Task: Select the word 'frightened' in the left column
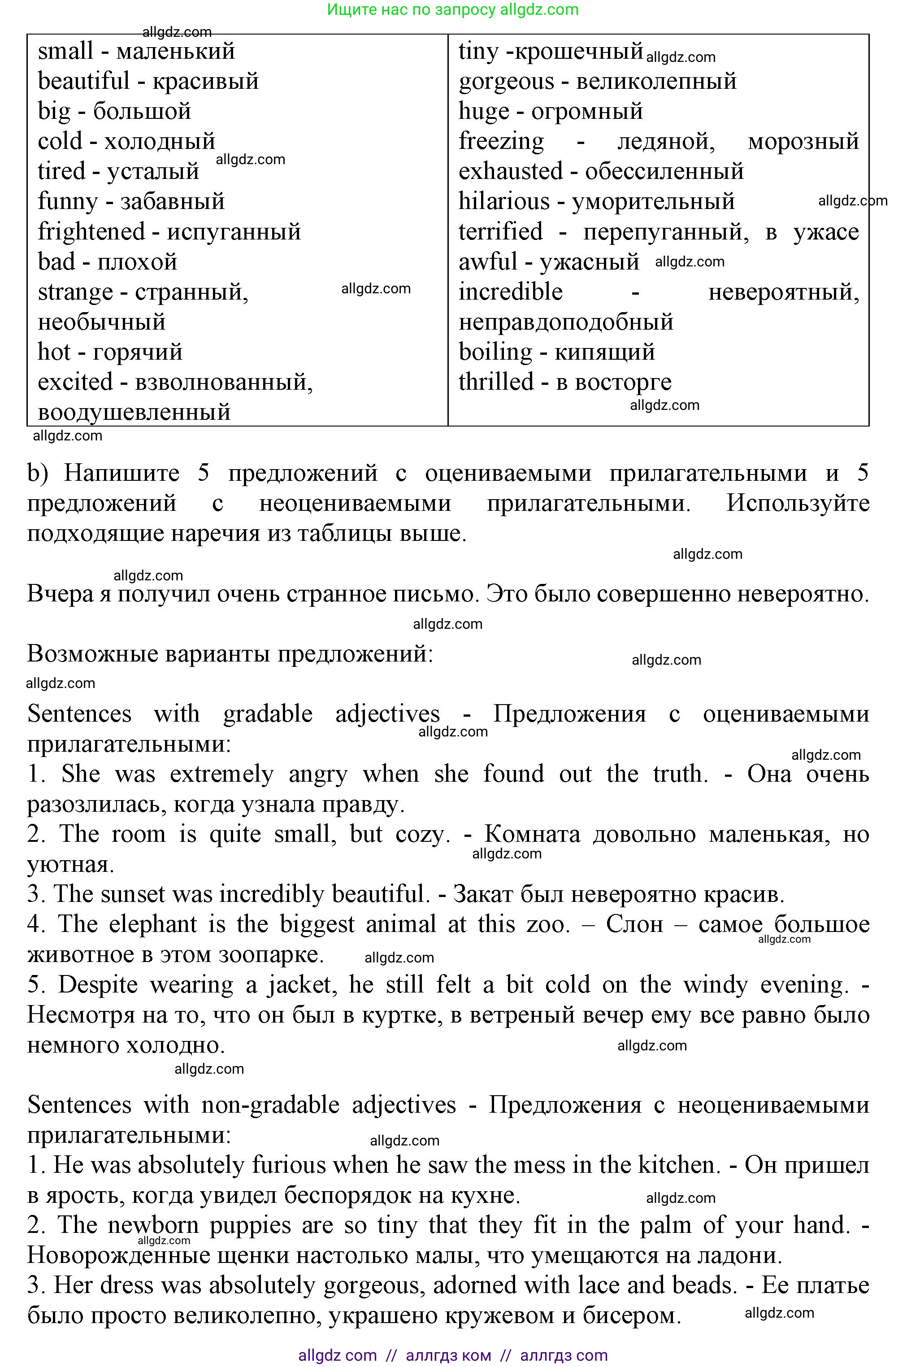tap(91, 232)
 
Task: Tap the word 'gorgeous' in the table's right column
tap(506, 82)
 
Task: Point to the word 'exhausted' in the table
tap(510, 171)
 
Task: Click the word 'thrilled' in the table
tap(496, 382)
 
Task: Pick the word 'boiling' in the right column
tap(495, 352)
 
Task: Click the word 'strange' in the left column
tap(75, 292)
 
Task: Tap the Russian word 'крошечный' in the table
tap(578, 51)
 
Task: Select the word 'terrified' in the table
tap(500, 232)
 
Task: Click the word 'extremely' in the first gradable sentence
tap(221, 774)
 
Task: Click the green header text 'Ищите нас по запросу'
tap(411, 10)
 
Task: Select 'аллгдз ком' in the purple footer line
tap(448, 1355)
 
